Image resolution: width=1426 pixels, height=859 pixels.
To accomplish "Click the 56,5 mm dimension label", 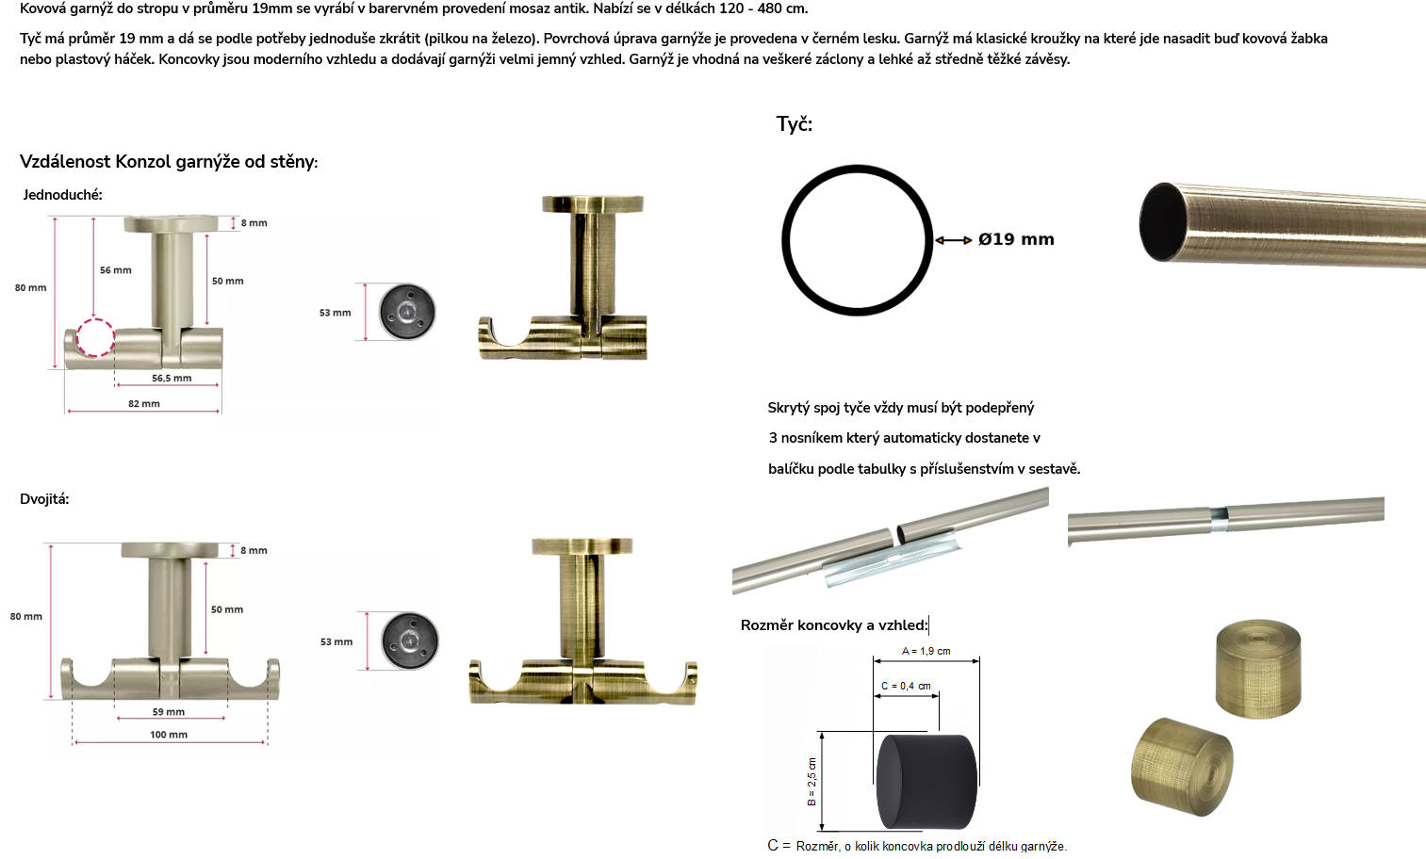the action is (172, 378).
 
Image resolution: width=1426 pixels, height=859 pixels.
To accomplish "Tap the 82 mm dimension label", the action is (144, 403).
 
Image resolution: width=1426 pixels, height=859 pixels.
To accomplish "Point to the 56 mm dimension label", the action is (116, 269).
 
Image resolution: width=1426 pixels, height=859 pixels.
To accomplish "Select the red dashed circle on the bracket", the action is (95, 337).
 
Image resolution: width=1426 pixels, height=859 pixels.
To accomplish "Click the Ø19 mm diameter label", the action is (1016, 239).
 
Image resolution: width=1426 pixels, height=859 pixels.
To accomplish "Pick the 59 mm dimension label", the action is (169, 712).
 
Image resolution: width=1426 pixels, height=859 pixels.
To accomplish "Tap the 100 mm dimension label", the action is (169, 735).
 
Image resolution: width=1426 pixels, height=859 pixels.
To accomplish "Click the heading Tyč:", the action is (794, 123).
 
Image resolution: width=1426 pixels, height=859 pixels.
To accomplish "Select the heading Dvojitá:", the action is (44, 499).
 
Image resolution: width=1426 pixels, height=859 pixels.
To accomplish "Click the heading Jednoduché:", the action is (62, 195).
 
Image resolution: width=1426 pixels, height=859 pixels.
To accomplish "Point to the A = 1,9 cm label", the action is (926, 651).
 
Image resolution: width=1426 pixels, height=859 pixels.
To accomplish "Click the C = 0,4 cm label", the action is (906, 686).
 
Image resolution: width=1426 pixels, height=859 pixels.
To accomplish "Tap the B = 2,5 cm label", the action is (811, 782).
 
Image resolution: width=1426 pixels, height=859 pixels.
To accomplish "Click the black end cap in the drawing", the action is (926, 782).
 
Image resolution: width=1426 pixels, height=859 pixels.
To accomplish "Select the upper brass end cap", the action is (1258, 668).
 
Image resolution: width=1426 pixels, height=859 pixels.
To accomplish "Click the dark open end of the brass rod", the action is (1162, 221).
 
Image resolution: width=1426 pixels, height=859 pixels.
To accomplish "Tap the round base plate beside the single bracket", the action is (407, 312).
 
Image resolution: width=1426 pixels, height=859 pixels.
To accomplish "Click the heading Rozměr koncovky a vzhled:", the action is (835, 624).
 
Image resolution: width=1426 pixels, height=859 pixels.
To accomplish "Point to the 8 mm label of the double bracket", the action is (254, 550).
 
